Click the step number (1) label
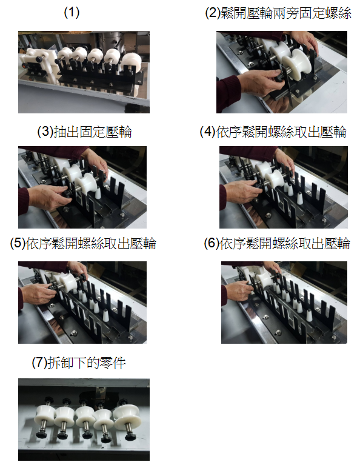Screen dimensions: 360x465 pyautogui.click(x=72, y=13)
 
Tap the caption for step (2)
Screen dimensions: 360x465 pyautogui.click(x=278, y=13)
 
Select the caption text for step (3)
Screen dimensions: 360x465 pyautogui.click(x=84, y=132)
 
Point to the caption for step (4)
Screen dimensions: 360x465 pyautogui.click(x=273, y=132)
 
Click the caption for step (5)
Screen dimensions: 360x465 pyautogui.click(x=83, y=244)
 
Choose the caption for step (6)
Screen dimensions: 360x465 pyautogui.click(x=277, y=244)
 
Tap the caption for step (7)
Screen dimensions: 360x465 pyautogui.click(x=79, y=363)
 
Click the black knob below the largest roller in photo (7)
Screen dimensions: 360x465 pyautogui.click(x=129, y=437)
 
